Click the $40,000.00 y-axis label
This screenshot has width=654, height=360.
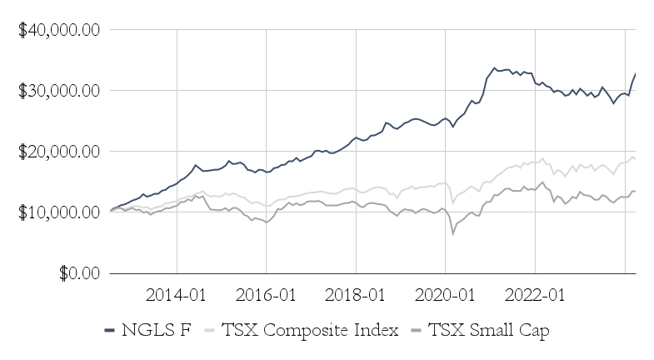click(60, 30)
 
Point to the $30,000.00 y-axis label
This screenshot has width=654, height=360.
click(60, 91)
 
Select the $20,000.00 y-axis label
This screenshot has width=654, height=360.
click(60, 152)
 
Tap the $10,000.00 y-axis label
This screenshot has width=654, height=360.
click(60, 212)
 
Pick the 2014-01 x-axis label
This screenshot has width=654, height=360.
click(176, 295)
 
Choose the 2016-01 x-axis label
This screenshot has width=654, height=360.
click(266, 295)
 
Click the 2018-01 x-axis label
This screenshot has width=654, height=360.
click(356, 295)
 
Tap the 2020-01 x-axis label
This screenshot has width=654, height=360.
click(445, 295)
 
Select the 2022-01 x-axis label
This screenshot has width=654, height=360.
click(534, 295)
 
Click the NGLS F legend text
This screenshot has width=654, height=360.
click(156, 331)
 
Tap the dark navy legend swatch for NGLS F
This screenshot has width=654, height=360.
click(110, 331)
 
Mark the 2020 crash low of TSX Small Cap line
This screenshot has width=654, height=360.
click(453, 234)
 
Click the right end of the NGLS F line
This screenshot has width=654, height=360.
click(636, 74)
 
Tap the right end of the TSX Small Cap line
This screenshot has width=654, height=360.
click(636, 191)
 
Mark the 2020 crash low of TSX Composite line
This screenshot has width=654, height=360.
click(452, 202)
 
